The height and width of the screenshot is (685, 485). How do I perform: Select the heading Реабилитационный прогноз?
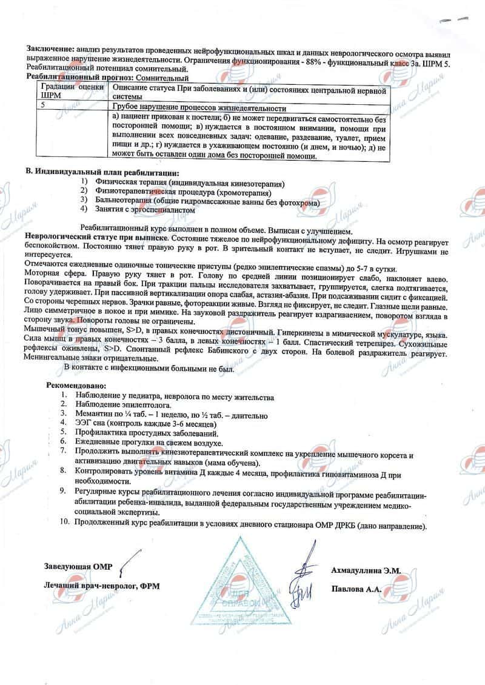click(x=78, y=78)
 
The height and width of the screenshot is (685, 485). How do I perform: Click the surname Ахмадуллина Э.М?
click(x=366, y=570)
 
